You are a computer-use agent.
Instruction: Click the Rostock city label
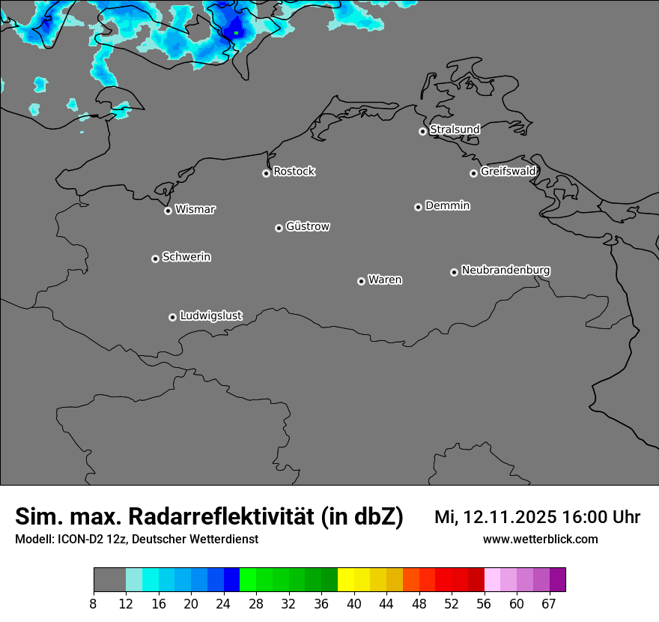tap(294, 172)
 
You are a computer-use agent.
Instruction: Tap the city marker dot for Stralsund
tap(422, 131)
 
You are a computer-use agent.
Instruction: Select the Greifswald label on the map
tap(508, 172)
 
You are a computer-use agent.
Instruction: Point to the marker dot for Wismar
tap(168, 211)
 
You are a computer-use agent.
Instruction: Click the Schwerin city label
tap(186, 257)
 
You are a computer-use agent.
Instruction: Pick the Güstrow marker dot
tap(279, 228)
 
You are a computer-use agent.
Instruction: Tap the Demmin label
tap(447, 205)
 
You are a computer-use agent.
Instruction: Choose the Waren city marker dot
tap(361, 281)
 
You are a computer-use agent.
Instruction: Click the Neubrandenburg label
tap(505, 270)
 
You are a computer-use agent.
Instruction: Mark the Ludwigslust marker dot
tap(172, 317)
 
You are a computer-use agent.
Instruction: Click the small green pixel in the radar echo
tap(236, 32)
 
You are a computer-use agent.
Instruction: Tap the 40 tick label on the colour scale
tap(353, 604)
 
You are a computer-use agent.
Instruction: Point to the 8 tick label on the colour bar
tap(93, 604)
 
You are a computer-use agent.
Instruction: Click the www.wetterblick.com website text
tap(540, 540)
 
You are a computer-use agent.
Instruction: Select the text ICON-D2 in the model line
tap(82, 540)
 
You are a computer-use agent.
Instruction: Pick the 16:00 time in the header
tap(589, 517)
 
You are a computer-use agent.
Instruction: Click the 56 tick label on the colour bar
tap(484, 604)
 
